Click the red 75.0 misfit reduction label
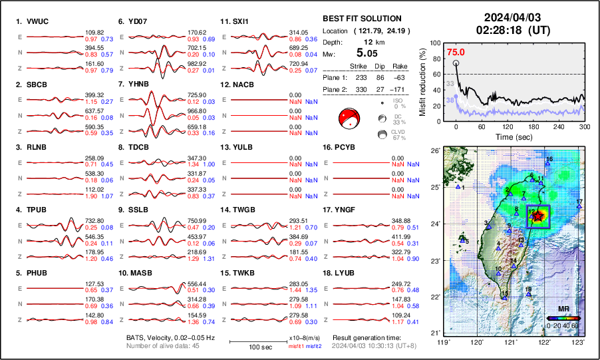click(456, 52)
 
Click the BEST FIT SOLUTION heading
click(362, 19)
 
